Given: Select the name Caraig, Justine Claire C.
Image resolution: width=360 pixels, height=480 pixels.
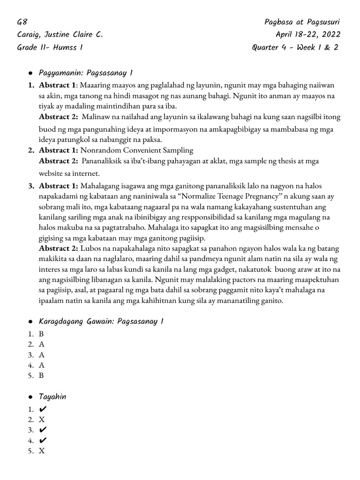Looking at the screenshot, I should (60, 35).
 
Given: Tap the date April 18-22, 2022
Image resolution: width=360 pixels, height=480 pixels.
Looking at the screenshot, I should (308, 35).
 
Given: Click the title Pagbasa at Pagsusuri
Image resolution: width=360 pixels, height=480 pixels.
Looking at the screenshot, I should (302, 22).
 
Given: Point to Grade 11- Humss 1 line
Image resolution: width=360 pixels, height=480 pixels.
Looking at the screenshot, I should (50, 47).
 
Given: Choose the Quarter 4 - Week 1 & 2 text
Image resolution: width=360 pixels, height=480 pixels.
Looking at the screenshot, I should (295, 47).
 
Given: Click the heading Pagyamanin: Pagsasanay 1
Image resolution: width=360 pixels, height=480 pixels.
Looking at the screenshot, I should (86, 73).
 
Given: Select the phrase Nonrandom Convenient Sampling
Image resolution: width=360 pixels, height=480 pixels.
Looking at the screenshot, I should (137, 150).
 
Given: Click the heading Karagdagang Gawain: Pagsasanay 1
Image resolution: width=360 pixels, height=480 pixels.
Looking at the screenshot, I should (101, 321).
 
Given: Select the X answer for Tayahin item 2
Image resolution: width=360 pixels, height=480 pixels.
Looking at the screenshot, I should (42, 420).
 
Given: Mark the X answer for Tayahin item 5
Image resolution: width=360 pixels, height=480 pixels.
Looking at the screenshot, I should (42, 451).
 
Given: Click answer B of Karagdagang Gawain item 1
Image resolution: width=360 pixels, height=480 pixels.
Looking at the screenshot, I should (41, 334).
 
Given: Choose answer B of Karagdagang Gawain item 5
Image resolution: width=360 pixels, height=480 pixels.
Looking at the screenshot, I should (41, 375).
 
